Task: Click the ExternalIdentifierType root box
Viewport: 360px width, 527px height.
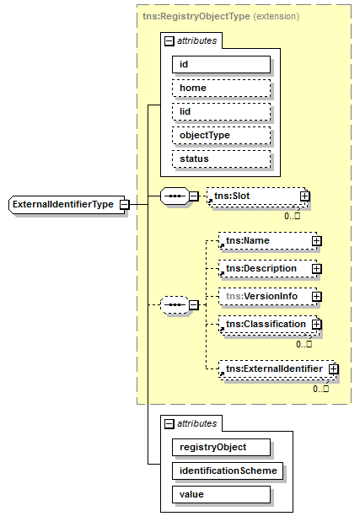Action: [67, 204]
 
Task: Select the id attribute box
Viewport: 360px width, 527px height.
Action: [221, 65]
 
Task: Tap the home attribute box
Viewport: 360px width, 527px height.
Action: [221, 88]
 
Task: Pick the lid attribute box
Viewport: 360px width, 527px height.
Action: [221, 111]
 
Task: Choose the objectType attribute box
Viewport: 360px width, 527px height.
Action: [221, 135]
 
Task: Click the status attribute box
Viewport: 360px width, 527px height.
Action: [221, 159]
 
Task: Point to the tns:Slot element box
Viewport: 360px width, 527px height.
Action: [257, 196]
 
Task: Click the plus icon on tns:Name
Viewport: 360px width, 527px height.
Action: [316, 241]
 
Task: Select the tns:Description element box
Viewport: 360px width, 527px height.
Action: [267, 268]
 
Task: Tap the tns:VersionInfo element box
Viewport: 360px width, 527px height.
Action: [267, 297]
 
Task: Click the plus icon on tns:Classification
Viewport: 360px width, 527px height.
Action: [316, 325]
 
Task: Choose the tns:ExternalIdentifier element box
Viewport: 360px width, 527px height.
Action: [277, 369]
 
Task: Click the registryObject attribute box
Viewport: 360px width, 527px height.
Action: [221, 448]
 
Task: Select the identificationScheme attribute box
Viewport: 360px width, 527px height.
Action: [228, 471]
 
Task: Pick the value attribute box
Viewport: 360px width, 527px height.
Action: [221, 494]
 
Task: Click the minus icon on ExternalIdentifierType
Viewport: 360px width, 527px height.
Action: [125, 204]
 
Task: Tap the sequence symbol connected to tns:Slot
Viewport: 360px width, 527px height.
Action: [175, 196]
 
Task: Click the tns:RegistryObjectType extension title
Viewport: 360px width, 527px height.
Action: [221, 16]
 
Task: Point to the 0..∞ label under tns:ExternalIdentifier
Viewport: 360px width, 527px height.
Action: [320, 389]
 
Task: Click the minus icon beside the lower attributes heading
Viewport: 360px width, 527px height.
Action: [169, 424]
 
